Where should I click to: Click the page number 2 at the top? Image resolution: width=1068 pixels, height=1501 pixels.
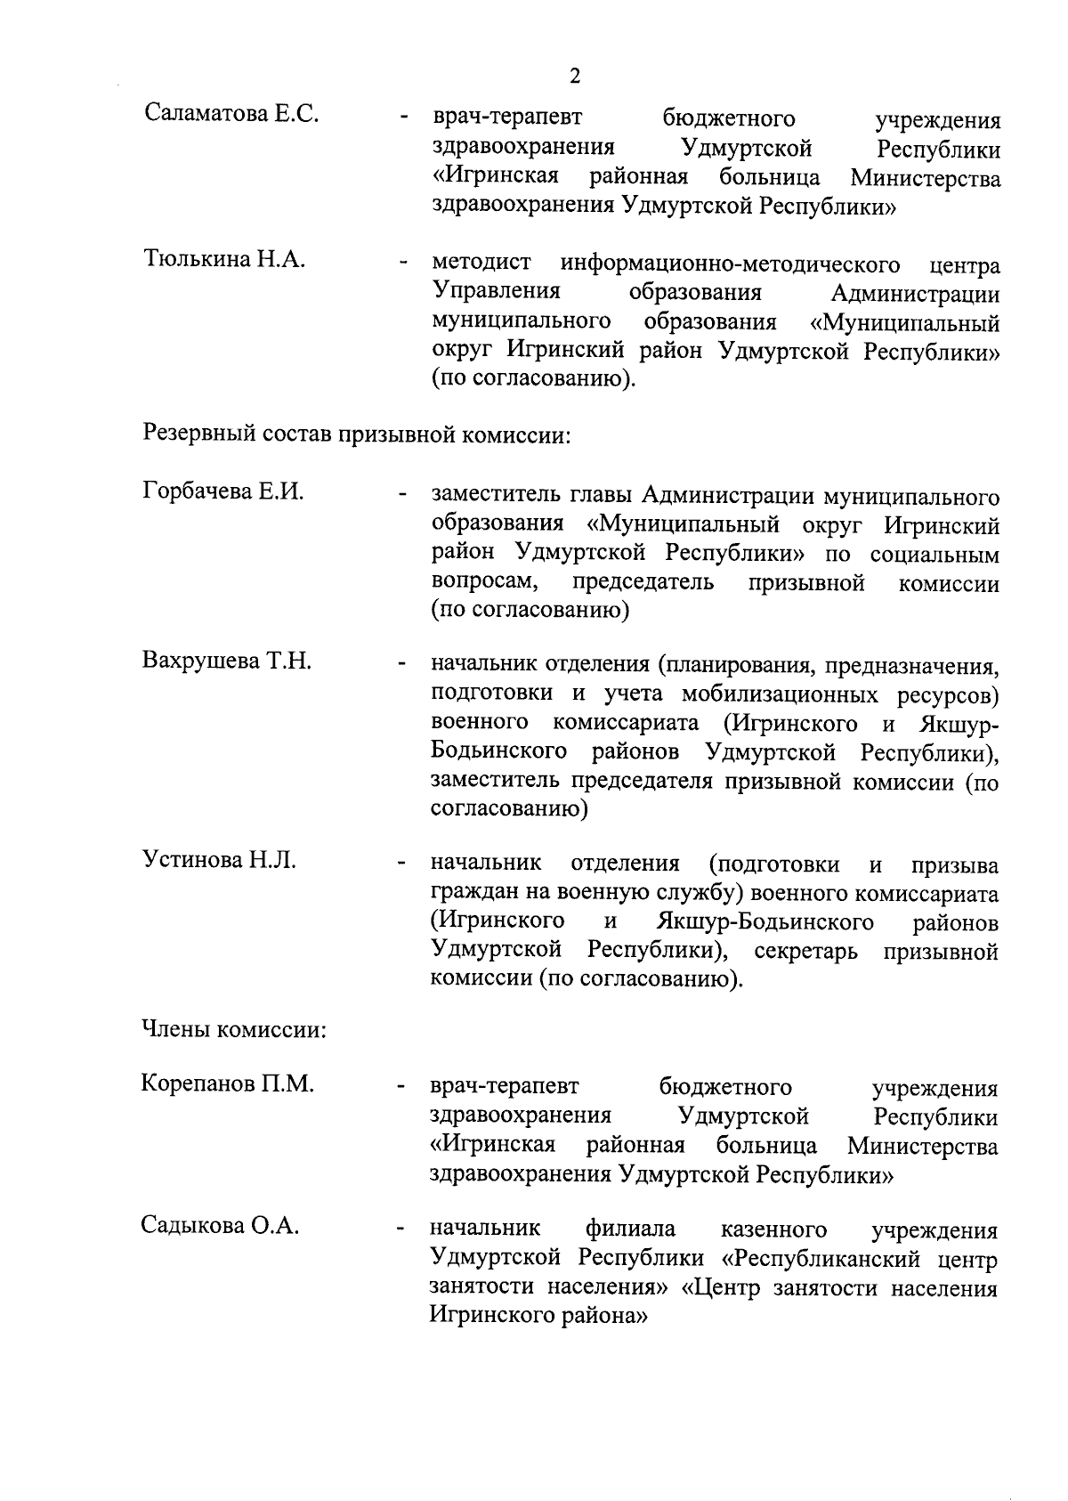(x=574, y=77)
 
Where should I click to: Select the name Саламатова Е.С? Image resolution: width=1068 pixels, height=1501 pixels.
(x=231, y=115)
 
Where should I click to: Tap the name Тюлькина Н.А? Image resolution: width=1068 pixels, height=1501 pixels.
(x=224, y=260)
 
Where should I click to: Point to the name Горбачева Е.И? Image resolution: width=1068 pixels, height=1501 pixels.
(x=223, y=491)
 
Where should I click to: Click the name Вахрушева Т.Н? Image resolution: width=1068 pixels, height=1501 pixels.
(x=227, y=661)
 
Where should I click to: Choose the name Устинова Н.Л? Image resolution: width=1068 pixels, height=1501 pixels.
(x=219, y=861)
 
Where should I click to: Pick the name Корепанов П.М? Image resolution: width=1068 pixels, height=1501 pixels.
(x=228, y=1084)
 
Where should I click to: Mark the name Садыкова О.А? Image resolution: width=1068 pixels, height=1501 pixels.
(x=220, y=1226)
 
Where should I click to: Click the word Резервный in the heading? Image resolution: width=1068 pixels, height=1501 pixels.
(x=198, y=436)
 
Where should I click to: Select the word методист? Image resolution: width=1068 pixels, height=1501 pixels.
(x=481, y=264)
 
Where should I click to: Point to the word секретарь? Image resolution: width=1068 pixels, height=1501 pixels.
(x=806, y=951)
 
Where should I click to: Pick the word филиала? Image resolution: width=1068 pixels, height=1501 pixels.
(x=630, y=1229)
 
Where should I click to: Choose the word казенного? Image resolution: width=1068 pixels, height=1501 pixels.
(x=773, y=1229)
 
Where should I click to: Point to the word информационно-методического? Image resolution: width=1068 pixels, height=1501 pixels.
(x=729, y=264)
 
